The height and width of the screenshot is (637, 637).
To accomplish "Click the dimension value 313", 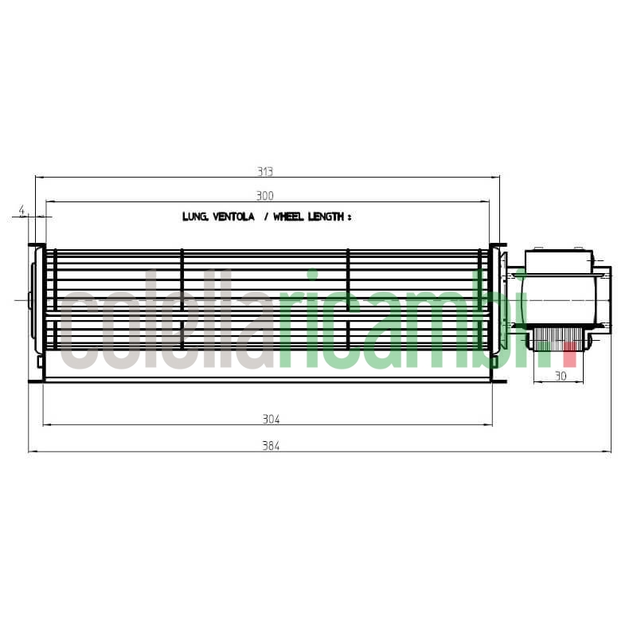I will (x=265, y=171).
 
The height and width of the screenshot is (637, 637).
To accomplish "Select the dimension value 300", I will (x=265, y=196).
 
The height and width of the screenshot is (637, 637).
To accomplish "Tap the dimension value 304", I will (x=271, y=419).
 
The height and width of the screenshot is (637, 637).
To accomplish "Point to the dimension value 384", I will (x=271, y=446).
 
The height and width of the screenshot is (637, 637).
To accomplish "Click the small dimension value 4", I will (x=22, y=211).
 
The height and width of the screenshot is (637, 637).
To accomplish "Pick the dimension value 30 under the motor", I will (x=560, y=376).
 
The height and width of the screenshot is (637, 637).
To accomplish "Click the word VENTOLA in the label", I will (x=234, y=217).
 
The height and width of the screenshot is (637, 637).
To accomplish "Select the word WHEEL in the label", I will (x=288, y=217).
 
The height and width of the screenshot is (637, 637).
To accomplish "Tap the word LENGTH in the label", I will (x=326, y=217).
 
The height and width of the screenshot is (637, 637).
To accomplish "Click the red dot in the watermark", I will (x=569, y=358).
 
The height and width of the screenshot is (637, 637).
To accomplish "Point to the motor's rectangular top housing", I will (x=557, y=261).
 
